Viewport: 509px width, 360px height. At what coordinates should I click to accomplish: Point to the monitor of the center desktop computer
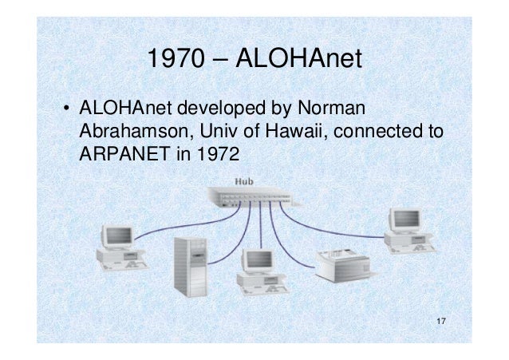point(258,260)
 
